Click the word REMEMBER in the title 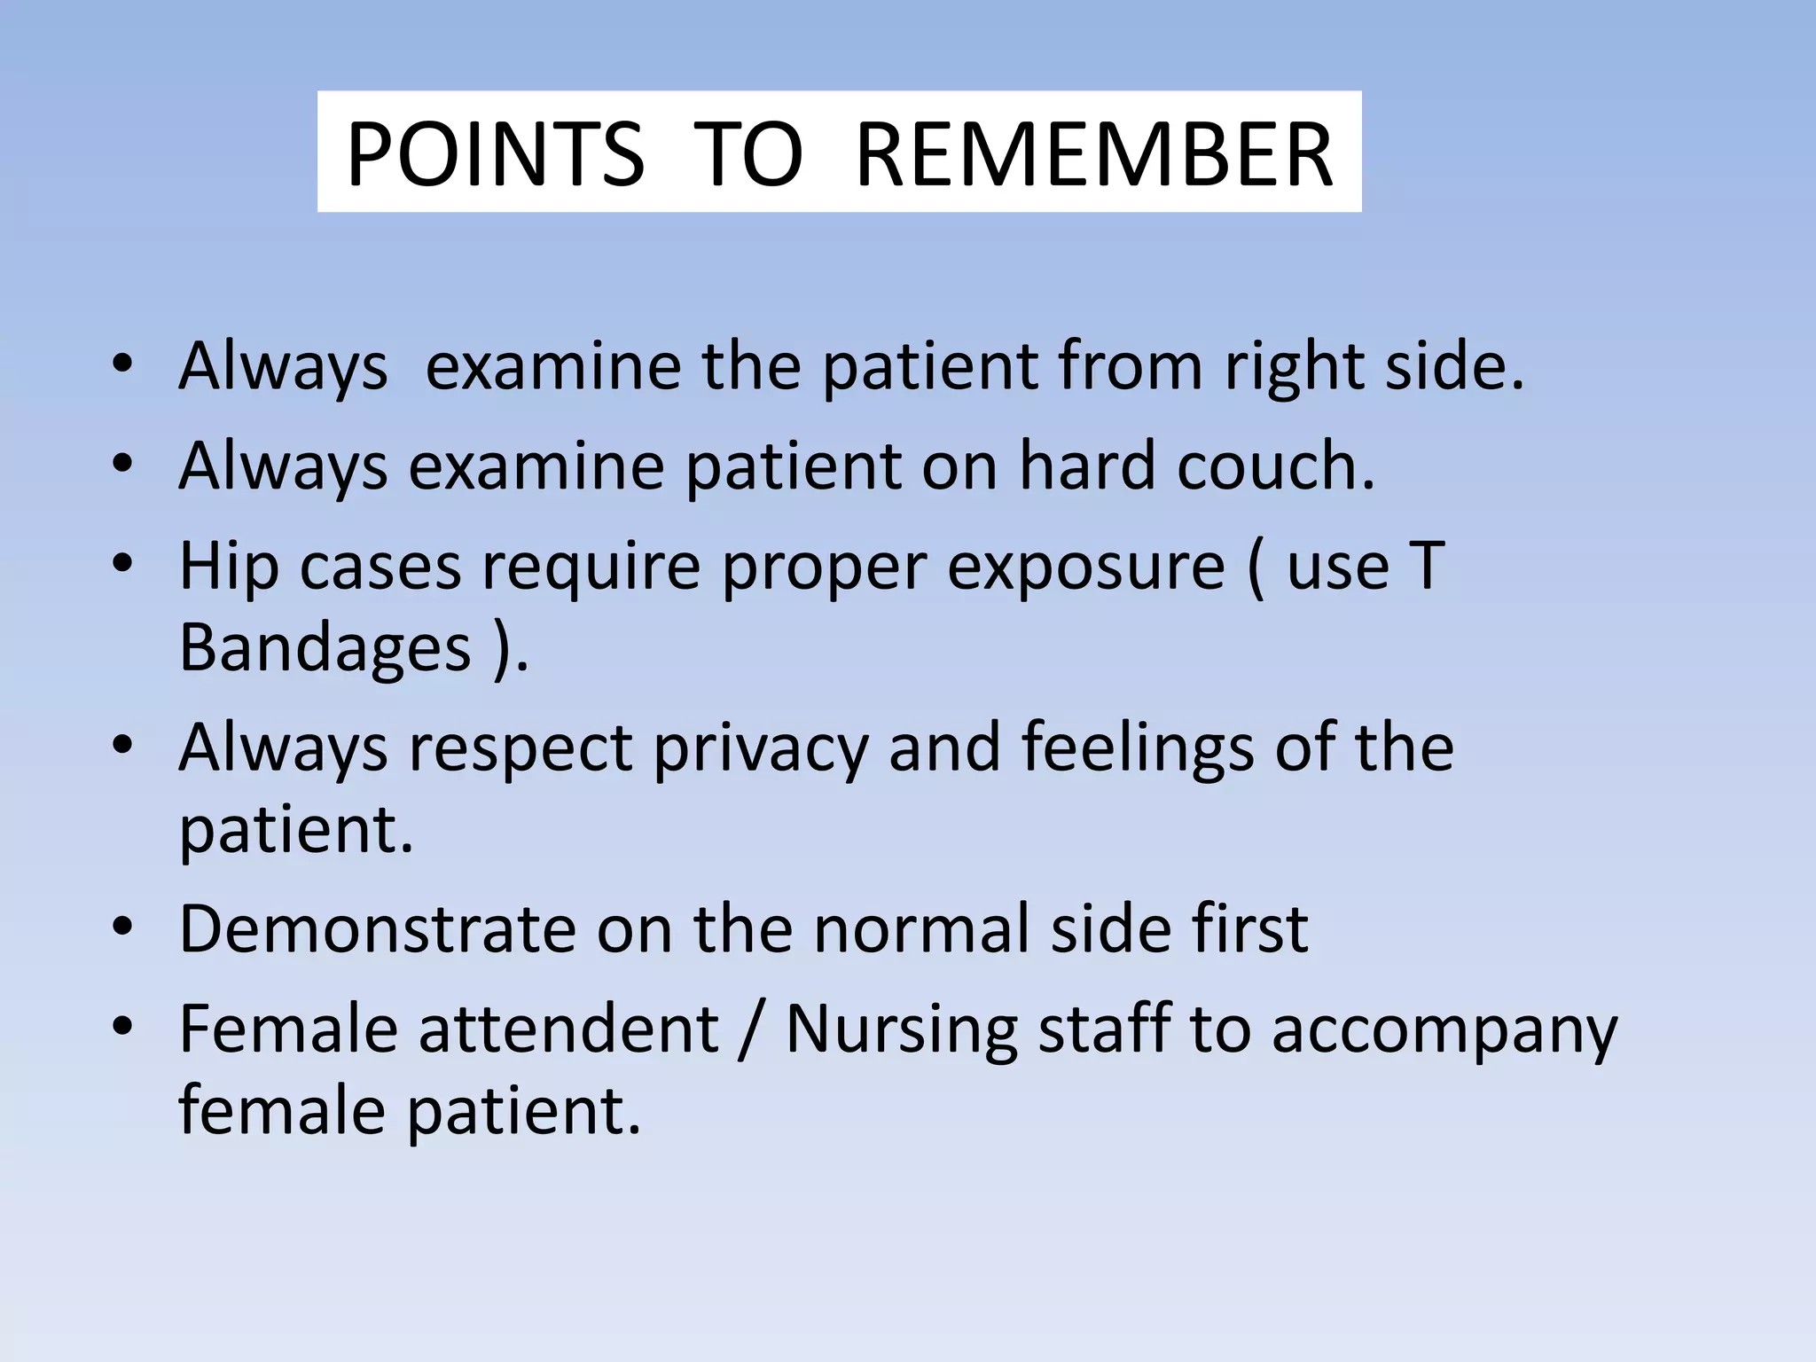tap(1094, 155)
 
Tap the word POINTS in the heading tap(495, 155)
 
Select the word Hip tap(229, 567)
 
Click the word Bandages tap(325, 649)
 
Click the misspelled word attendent tap(568, 1029)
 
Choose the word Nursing tap(901, 1031)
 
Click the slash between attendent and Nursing tap(752, 1031)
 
